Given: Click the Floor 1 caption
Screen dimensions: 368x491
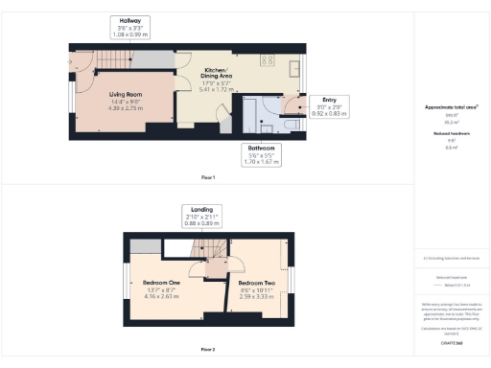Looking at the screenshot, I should (x=207, y=177).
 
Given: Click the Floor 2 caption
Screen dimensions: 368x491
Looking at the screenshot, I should (x=207, y=349).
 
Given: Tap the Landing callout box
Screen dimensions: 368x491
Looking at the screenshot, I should (x=202, y=216).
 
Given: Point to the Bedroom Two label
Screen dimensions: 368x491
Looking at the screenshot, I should (x=258, y=284).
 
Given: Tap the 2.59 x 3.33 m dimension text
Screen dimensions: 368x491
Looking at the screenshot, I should (x=258, y=298).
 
